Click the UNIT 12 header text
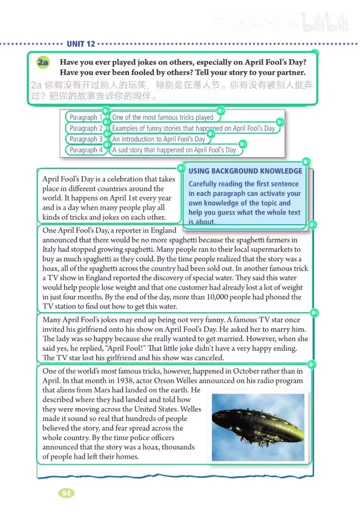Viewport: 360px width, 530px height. pos(80,44)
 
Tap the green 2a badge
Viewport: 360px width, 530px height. pos(43,63)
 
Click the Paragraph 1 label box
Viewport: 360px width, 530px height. pos(85,117)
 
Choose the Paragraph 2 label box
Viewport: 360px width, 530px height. pos(85,128)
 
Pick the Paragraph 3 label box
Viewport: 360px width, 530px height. pos(85,139)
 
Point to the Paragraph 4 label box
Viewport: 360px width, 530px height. pos(85,150)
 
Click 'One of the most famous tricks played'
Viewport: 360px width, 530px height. pos(163,117)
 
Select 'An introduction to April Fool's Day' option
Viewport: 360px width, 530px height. pos(158,139)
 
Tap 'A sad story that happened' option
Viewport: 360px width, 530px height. pos(174,150)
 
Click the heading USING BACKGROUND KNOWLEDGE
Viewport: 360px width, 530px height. pos(244,171)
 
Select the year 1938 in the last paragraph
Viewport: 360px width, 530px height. pos(116,380)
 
